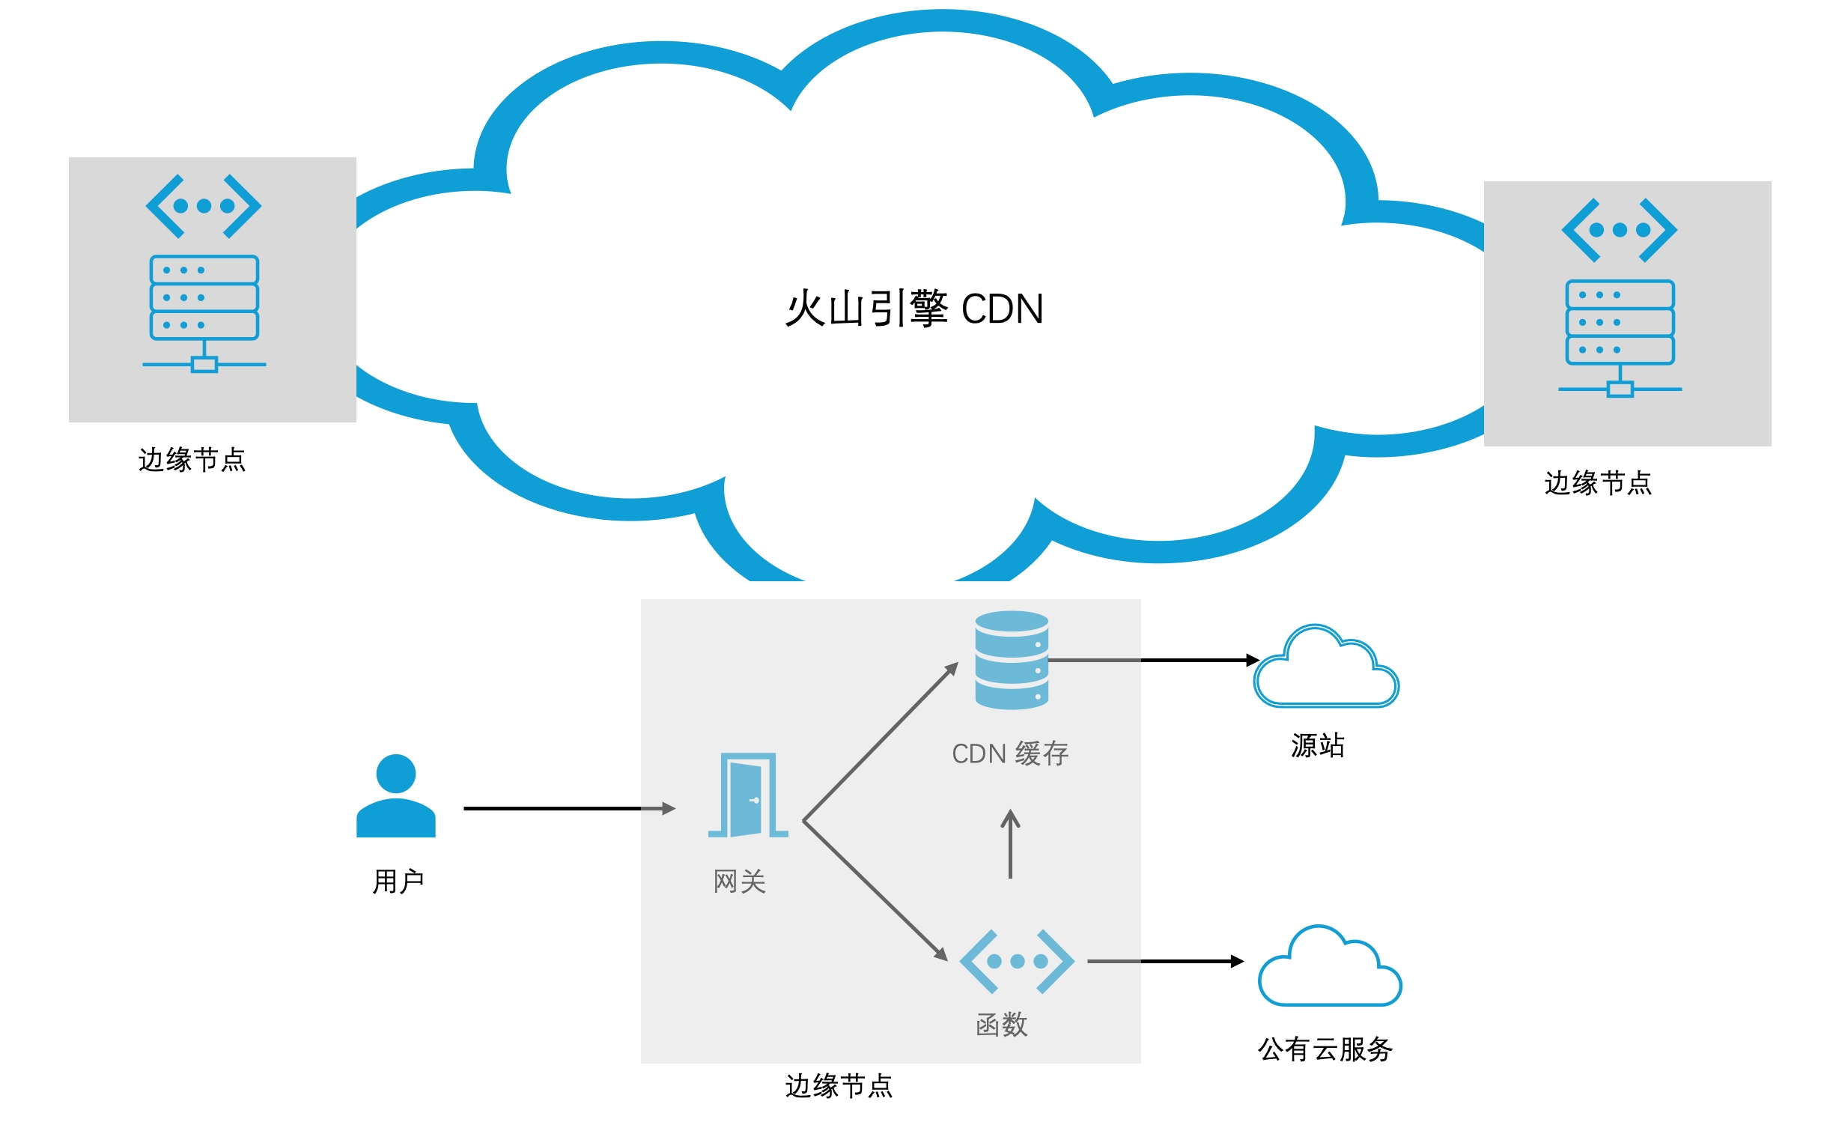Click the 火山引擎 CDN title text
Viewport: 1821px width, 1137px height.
point(913,309)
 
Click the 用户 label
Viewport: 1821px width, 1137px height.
point(398,881)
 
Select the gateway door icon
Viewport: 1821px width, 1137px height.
point(748,795)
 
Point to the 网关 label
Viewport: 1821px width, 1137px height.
point(740,882)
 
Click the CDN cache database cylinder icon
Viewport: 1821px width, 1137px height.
point(1011,659)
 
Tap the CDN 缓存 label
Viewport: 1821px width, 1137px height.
point(1009,754)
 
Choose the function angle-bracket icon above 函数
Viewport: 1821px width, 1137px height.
point(1016,961)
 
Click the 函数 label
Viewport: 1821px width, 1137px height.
point(1001,1024)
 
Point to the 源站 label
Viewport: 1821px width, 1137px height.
point(1318,745)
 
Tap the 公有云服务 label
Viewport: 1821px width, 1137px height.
point(1325,1049)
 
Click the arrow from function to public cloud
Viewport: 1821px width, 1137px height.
point(1165,962)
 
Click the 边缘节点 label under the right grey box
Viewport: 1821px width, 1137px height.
point(1598,483)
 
